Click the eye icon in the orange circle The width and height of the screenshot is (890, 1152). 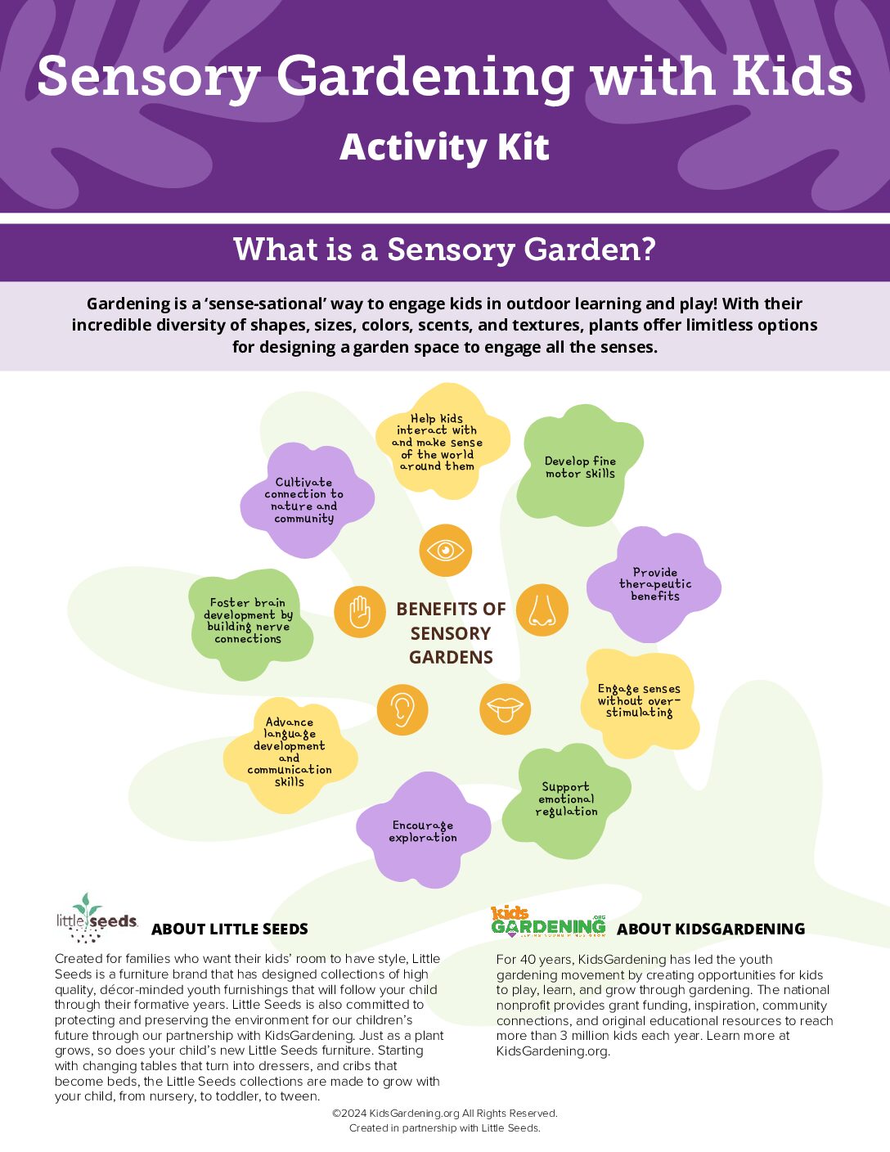pos(445,550)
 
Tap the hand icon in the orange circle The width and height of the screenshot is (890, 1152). pos(359,612)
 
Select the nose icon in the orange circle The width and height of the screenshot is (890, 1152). pos(542,610)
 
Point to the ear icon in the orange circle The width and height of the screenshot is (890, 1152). pos(402,709)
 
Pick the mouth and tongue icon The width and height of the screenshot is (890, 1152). pos(506,709)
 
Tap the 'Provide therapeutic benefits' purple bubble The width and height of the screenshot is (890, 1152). pos(654,583)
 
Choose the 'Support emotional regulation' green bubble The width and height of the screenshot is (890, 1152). pos(566,800)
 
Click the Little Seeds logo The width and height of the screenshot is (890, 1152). pos(97,918)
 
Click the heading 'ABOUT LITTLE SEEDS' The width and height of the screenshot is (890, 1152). pos(230,929)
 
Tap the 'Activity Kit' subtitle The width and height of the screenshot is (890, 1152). pos(444,146)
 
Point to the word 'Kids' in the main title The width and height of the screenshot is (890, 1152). pos(793,76)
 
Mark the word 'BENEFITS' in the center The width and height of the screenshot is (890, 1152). pos(451,609)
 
